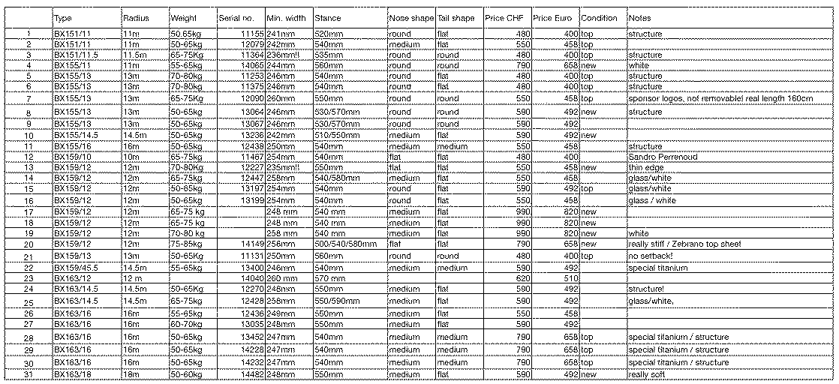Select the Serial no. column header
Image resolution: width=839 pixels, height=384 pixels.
tap(236, 18)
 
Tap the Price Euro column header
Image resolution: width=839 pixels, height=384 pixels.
tap(552, 18)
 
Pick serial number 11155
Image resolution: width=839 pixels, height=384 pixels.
tap(251, 34)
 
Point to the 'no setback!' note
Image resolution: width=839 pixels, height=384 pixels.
tap(651, 256)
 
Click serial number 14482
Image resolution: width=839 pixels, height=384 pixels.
tap(251, 374)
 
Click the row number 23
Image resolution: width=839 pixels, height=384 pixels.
tap(29, 278)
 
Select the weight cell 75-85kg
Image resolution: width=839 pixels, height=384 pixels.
tap(186, 244)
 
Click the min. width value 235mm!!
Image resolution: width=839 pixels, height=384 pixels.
tap(283, 167)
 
